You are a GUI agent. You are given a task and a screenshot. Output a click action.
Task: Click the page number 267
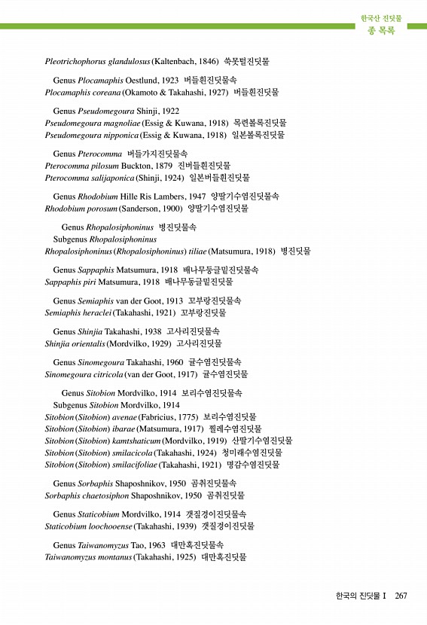[401, 596]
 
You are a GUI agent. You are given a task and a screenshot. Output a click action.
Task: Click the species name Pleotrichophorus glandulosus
[98, 60]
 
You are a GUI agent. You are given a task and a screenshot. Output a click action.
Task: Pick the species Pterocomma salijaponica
[90, 178]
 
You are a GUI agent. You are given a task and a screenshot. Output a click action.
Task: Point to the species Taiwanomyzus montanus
[88, 557]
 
